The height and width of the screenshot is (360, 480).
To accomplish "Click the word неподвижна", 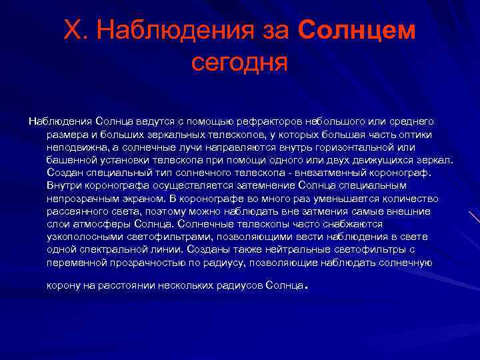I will point(74,147).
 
